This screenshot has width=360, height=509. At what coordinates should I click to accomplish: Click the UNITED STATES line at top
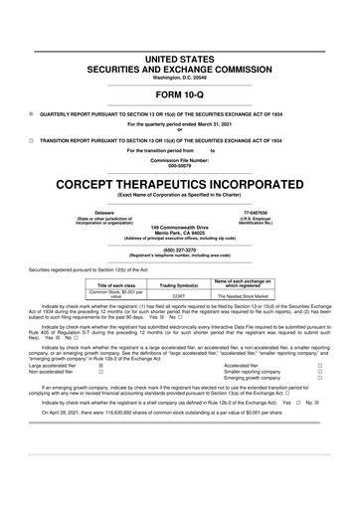coord(179,32)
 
